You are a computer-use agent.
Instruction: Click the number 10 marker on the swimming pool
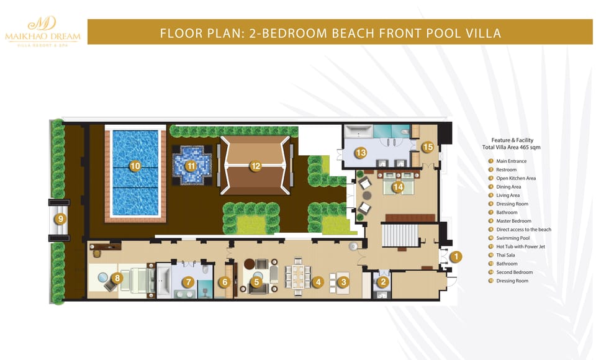[x=135, y=166]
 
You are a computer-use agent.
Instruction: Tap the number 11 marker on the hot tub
[x=191, y=166]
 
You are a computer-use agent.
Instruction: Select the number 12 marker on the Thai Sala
[x=255, y=166]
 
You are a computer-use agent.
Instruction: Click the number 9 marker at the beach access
[x=60, y=218]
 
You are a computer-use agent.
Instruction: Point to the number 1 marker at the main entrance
[x=456, y=256]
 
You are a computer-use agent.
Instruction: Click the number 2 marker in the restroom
[x=383, y=282]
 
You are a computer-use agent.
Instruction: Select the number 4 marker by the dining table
[x=318, y=282]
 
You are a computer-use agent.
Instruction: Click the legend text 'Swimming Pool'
[x=513, y=238]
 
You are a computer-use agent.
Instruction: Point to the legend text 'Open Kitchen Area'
[x=516, y=178]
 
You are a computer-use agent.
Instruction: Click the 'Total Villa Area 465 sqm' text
[x=508, y=148]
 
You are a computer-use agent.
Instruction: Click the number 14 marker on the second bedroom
[x=398, y=186]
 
